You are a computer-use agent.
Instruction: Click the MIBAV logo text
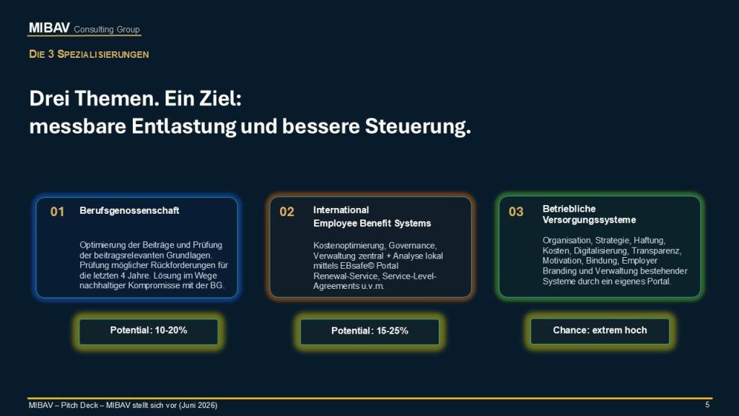(49, 28)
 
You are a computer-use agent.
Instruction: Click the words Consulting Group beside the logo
(107, 29)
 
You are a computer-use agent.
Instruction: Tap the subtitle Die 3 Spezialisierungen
(89, 54)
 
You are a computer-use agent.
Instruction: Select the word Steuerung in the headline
(418, 126)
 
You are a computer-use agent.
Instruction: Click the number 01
(57, 212)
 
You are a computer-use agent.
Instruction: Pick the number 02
(287, 212)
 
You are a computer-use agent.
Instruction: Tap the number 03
(515, 212)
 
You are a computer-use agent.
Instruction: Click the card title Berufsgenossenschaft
(129, 211)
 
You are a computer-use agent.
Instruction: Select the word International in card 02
(341, 210)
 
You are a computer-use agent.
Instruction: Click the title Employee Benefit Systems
(372, 223)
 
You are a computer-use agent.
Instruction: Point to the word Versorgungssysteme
(589, 220)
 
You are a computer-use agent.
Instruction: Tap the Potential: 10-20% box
(149, 331)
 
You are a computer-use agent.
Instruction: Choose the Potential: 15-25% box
(370, 331)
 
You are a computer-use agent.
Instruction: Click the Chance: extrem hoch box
(600, 331)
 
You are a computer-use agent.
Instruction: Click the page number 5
(707, 404)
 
